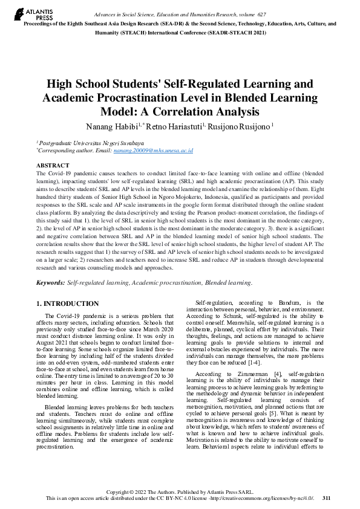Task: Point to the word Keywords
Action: tap(50, 282)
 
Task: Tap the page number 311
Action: tap(326, 498)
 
